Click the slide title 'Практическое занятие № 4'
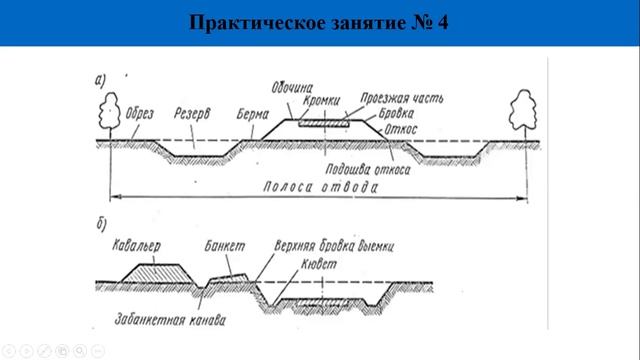coord(319,22)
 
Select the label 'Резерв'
coord(190,112)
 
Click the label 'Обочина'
coord(290,84)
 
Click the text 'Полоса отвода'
coord(319,188)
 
